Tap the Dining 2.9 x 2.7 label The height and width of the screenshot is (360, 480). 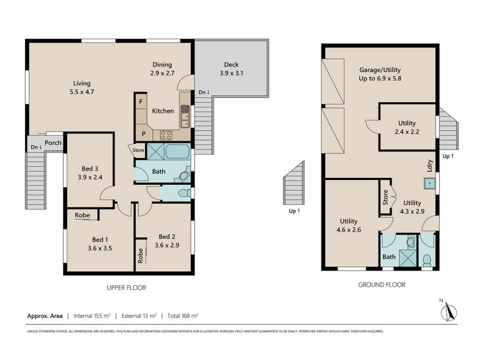pos(162,69)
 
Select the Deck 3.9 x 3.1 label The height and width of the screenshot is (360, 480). pos(231,69)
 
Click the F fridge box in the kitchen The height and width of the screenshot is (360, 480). pos(140,101)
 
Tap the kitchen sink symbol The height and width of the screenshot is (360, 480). pos(185,112)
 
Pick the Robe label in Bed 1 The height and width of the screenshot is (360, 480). pos(82,215)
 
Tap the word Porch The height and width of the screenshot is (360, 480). pos(53,143)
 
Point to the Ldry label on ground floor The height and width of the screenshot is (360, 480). pos(430,165)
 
